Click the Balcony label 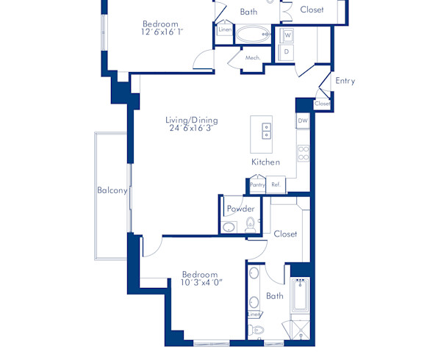(x=112, y=190)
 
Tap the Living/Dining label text (x=190, y=119)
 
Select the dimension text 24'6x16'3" (x=190, y=128)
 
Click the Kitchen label (x=265, y=162)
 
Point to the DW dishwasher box (x=302, y=120)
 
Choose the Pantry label (x=257, y=185)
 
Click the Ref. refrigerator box (x=276, y=185)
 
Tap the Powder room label (x=240, y=209)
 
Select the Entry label (x=345, y=81)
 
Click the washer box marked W (x=287, y=35)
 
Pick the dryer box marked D (x=287, y=52)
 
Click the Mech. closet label (x=253, y=57)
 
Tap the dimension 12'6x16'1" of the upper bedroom (x=162, y=32)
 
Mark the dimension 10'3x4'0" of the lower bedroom (x=201, y=282)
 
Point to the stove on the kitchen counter (x=302, y=154)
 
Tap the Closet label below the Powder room (x=285, y=234)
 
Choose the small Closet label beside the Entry (x=322, y=104)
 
